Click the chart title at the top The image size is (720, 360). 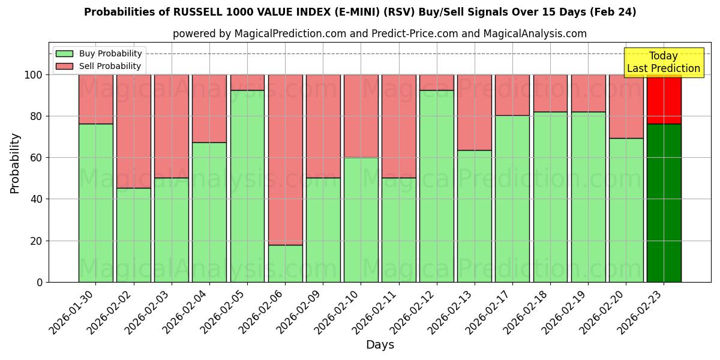click(x=360, y=12)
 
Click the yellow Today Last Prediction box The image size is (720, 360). click(x=663, y=62)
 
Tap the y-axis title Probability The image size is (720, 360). click(x=15, y=163)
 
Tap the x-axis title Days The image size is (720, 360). click(x=380, y=345)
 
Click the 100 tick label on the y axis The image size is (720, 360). click(x=34, y=75)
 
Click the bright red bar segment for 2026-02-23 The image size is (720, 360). click(x=664, y=100)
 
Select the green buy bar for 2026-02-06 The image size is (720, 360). click(x=285, y=263)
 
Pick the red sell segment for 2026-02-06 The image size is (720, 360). click(x=285, y=160)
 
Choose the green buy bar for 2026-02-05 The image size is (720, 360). click(x=247, y=186)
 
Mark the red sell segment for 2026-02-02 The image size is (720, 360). click(x=134, y=131)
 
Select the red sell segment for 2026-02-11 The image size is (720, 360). click(x=399, y=126)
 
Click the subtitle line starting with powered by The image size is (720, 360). click(x=380, y=34)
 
